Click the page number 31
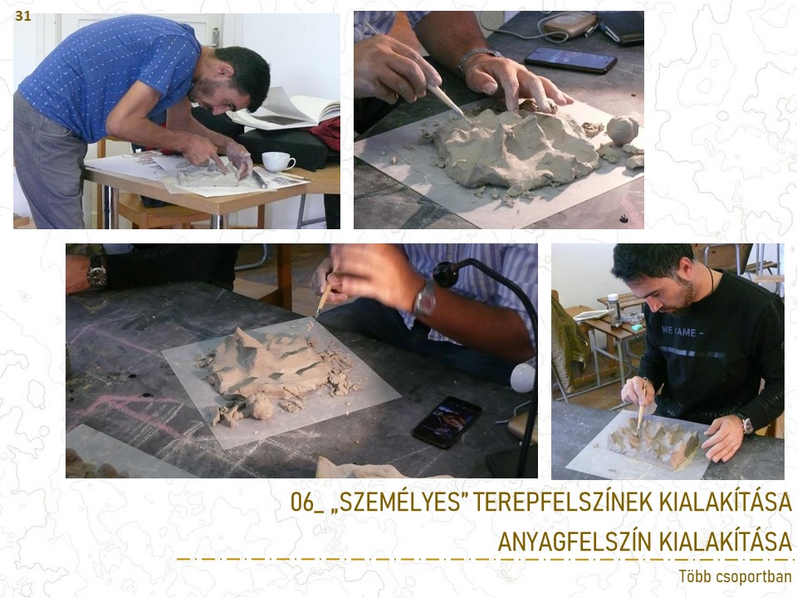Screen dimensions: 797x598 point(23,17)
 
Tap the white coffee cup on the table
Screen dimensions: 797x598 point(277,161)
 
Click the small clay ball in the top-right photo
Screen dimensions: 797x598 point(622,130)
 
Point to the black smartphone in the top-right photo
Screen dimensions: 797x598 point(570,60)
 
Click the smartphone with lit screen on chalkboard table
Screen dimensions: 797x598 point(447,422)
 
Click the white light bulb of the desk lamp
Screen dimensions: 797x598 point(522,377)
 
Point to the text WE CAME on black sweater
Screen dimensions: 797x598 point(679,332)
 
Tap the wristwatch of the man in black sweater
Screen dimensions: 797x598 point(746,424)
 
